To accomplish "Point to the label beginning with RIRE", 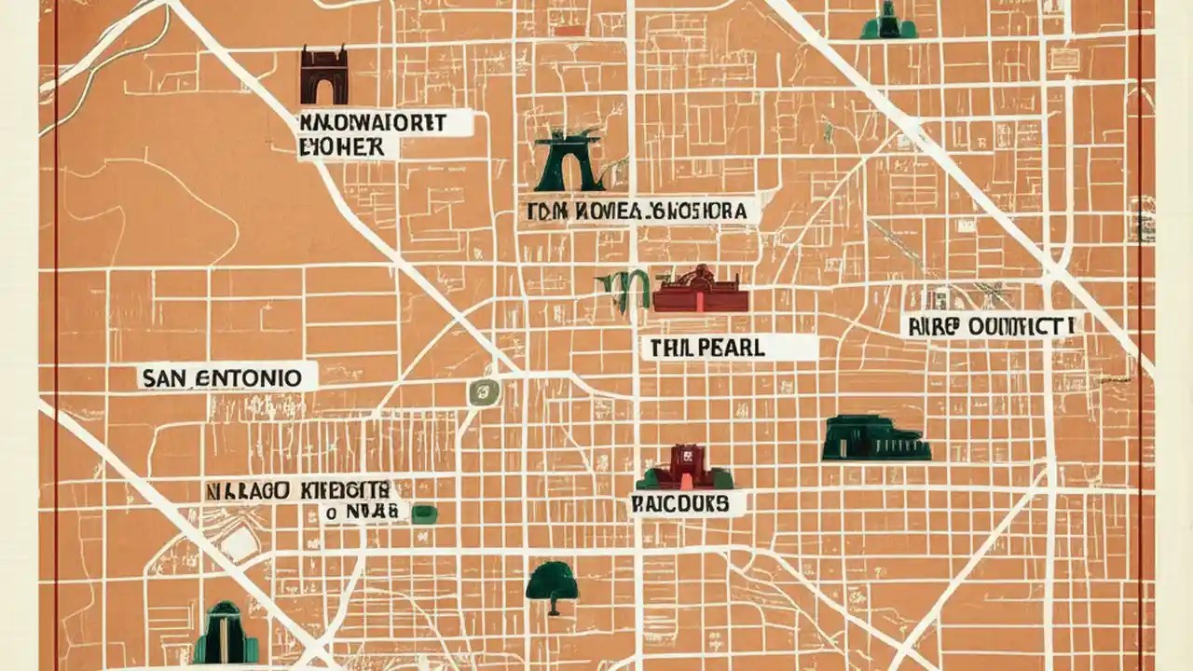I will (x=992, y=325).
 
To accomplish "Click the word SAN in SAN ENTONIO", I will (x=166, y=377).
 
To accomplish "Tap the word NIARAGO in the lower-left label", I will (x=248, y=488).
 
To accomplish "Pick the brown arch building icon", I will (x=323, y=75).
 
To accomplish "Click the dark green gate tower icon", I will (x=569, y=160).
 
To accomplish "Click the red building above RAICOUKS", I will (x=685, y=468).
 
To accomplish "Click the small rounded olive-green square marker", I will (x=484, y=391).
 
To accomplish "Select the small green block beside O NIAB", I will (x=424, y=514).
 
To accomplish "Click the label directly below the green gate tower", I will (x=638, y=211).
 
